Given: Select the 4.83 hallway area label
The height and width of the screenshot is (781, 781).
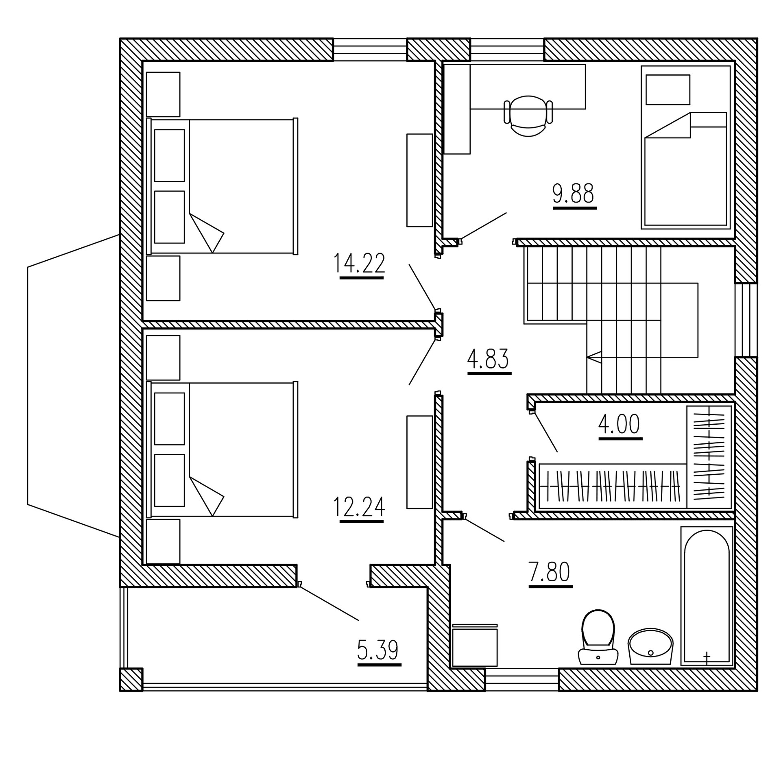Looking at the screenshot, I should pyautogui.click(x=488, y=359).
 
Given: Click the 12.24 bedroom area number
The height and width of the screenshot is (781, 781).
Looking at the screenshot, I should pyautogui.click(x=359, y=507).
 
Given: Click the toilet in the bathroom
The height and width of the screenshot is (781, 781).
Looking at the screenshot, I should pyautogui.click(x=598, y=638).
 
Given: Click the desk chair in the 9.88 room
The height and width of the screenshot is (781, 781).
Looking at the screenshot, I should pyautogui.click(x=528, y=116).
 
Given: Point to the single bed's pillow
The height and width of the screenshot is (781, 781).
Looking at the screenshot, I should pyautogui.click(x=668, y=89).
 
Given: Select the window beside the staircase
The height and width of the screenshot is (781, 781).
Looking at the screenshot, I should pyautogui.click(x=746, y=320).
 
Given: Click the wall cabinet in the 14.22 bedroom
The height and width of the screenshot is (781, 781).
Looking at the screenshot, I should pyautogui.click(x=419, y=180).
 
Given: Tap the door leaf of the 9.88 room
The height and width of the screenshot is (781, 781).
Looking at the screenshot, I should pyautogui.click(x=483, y=226).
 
